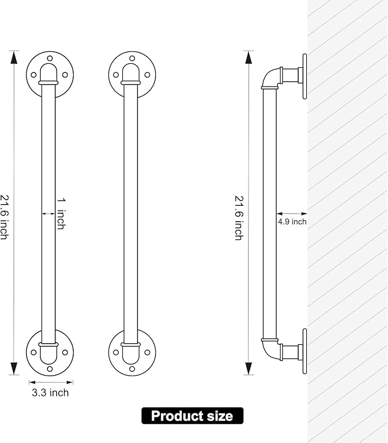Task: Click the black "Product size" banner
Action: tap(193, 416)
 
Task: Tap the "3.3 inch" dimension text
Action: tap(50, 393)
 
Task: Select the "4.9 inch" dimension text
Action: tap(292, 222)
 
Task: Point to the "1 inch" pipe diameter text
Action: tap(61, 214)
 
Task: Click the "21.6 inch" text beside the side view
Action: tap(239, 218)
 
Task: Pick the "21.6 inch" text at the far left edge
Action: tap(4, 217)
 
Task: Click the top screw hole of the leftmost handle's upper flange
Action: tap(50, 59)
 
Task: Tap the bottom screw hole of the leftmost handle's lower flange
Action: tap(50, 369)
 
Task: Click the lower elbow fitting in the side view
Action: tap(271, 350)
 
